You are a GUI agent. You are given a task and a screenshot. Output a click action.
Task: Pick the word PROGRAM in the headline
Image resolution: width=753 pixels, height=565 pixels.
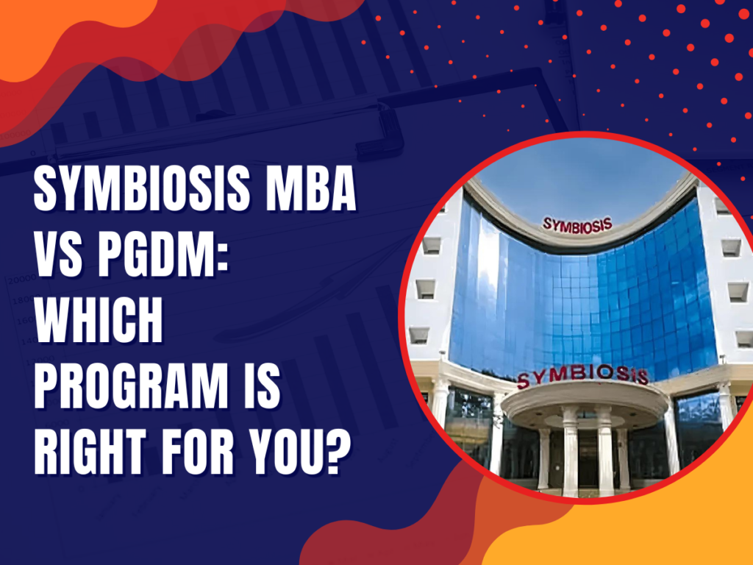click(x=131, y=385)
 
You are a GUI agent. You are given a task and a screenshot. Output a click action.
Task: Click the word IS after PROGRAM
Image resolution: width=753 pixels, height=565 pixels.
click(x=261, y=385)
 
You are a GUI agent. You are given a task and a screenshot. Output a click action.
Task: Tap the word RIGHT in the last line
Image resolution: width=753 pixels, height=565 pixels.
click(x=90, y=452)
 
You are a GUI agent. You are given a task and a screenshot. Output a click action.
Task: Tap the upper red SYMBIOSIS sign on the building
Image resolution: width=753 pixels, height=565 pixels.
click(x=577, y=225)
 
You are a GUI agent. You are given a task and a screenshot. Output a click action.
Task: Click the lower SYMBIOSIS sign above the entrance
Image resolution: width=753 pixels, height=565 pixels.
click(x=582, y=376)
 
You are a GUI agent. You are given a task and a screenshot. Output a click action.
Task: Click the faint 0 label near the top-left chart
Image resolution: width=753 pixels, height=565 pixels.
click(x=32, y=154)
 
